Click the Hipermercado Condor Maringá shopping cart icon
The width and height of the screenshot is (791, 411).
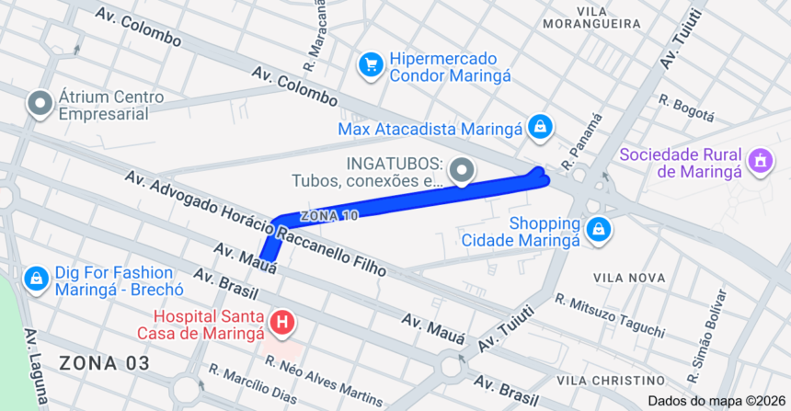(371, 64)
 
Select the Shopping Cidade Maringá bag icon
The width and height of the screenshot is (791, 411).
(599, 230)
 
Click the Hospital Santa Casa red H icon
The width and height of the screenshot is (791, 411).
(284, 322)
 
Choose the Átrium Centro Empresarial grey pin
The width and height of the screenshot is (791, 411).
(40, 105)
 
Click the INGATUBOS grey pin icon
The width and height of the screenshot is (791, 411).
(463, 170)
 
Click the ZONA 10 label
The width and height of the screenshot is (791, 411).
(328, 214)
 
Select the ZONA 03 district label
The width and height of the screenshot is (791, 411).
(104, 363)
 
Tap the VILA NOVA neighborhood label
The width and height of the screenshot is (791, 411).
(629, 278)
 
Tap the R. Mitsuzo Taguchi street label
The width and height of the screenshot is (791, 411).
(609, 314)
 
